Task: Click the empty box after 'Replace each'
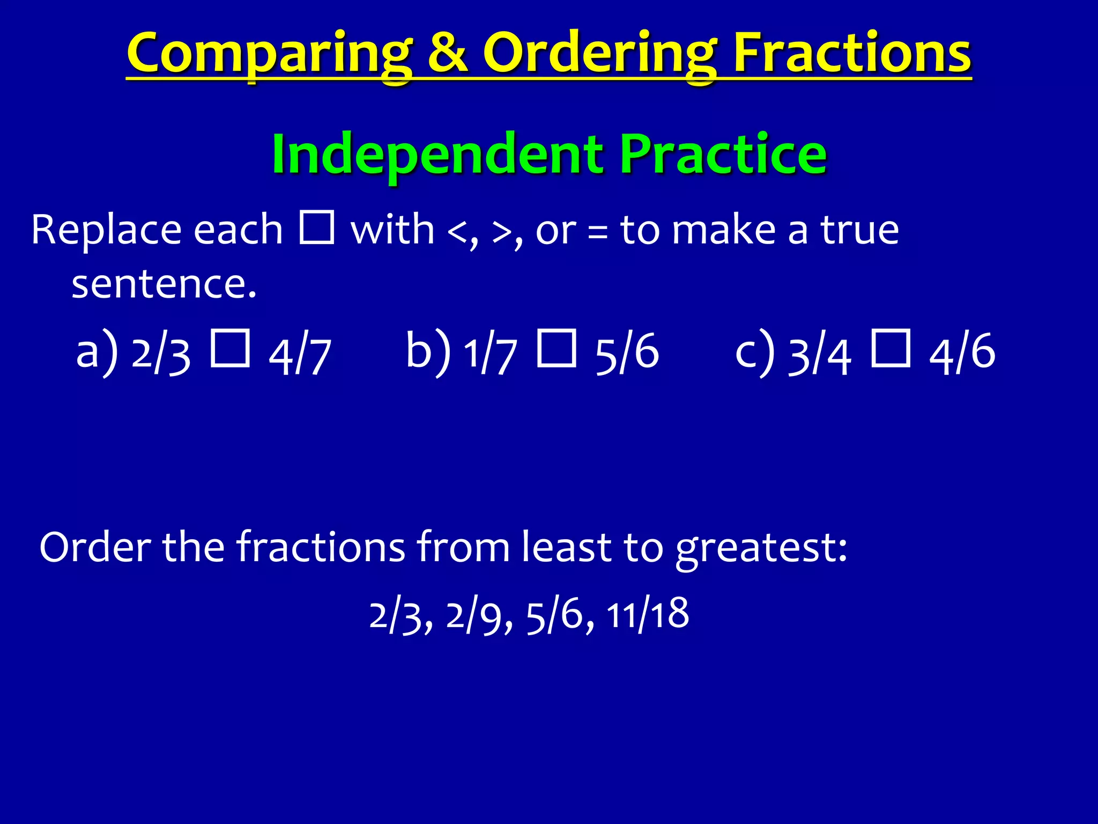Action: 317,227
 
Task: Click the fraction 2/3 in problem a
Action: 161,354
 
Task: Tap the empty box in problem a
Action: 230,349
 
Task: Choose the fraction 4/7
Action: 300,355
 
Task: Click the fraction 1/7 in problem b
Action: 490,354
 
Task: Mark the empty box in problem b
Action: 557,349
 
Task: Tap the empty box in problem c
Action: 891,349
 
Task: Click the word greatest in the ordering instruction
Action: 760,548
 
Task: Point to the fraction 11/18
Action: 647,615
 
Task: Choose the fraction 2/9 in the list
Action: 478,616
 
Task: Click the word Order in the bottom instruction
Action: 95,547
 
